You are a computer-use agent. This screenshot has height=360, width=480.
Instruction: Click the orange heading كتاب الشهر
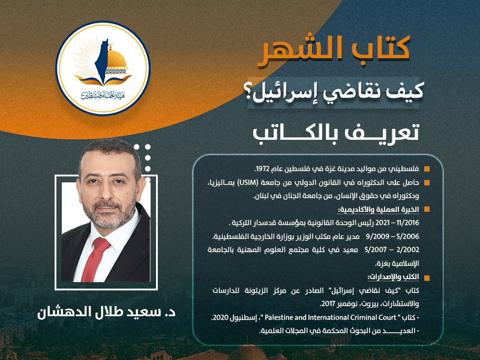click(334, 50)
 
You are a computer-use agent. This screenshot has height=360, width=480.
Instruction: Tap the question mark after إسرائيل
click(257, 93)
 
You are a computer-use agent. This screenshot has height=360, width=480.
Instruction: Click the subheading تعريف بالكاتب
click(336, 134)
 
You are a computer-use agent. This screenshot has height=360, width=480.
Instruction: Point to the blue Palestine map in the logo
click(102, 61)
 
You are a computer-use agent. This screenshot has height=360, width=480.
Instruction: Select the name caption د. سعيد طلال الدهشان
click(107, 313)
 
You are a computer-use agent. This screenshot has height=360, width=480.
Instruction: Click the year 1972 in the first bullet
click(262, 169)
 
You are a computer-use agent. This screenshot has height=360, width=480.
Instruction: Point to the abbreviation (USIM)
click(243, 183)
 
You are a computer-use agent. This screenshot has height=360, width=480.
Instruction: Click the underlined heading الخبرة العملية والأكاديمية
click(378, 209)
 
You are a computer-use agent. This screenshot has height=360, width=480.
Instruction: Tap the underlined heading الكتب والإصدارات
click(393, 277)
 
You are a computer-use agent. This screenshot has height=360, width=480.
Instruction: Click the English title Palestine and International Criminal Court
click(331, 317)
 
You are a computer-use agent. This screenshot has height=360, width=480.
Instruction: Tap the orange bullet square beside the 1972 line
click(427, 169)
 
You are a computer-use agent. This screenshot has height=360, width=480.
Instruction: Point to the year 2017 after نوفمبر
click(327, 304)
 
